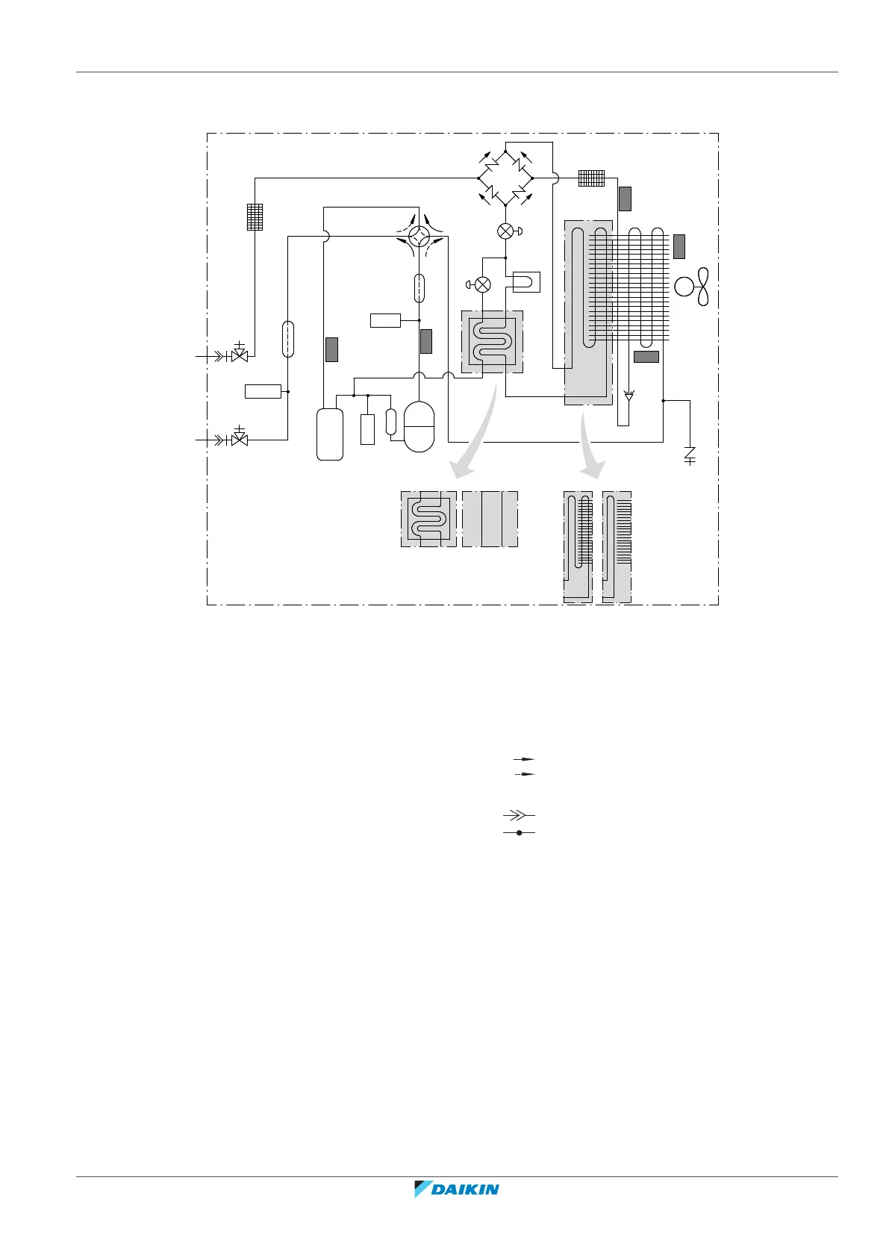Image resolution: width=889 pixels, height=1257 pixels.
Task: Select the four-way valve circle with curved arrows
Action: pyautogui.click(x=419, y=237)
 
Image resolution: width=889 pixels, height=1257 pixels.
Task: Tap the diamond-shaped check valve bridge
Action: pyautogui.click(x=505, y=178)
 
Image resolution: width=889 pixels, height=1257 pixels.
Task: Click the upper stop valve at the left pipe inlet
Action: pyautogui.click(x=240, y=355)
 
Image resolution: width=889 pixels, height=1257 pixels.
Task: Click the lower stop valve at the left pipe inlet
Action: pyautogui.click(x=240, y=439)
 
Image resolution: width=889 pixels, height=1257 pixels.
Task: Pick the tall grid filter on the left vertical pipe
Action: pyautogui.click(x=255, y=216)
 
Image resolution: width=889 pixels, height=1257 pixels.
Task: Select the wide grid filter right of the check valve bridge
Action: pyautogui.click(x=591, y=178)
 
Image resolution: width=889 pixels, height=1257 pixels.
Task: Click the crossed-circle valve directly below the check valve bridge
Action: pyautogui.click(x=505, y=231)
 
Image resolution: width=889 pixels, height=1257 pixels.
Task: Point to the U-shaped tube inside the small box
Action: pyautogui.click(x=523, y=283)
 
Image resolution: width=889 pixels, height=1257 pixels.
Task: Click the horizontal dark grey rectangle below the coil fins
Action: pyautogui.click(x=646, y=357)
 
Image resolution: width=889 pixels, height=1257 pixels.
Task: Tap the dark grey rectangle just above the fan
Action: pyautogui.click(x=679, y=246)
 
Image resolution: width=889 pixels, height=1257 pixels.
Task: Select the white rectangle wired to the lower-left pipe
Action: pyautogui.click(x=263, y=391)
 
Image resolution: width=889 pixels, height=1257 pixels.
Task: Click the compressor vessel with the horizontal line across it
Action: pyautogui.click(x=419, y=427)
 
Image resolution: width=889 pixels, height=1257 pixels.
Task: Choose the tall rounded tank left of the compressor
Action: pyautogui.click(x=330, y=434)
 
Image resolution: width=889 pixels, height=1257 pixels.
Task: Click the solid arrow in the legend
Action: pyautogui.click(x=525, y=758)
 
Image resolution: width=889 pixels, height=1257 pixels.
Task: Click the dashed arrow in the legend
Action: pyautogui.click(x=525, y=774)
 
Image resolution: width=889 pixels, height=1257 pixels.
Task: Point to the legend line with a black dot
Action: pyautogui.click(x=519, y=832)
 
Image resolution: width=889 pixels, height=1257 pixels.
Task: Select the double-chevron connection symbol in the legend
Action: pyautogui.click(x=519, y=814)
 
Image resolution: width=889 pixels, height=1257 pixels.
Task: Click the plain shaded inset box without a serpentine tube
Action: pyautogui.click(x=490, y=519)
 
